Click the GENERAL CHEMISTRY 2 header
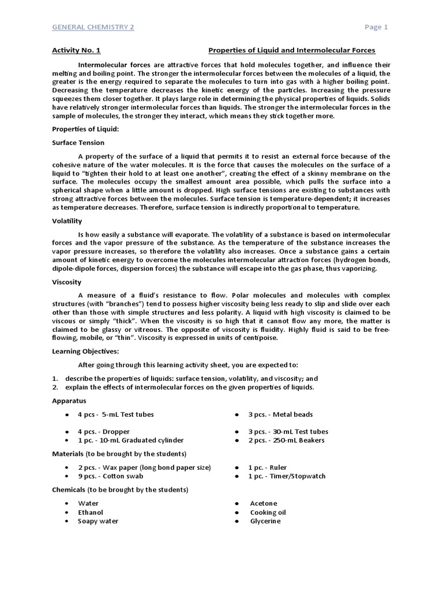[93, 27]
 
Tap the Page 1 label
[377, 27]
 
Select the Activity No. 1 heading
[76, 50]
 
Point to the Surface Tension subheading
[78, 143]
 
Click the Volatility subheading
[67, 220]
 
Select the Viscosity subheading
[67, 282]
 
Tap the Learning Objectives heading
[86, 351]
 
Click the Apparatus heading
[69, 400]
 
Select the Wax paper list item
[144, 467]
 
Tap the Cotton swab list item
[111, 476]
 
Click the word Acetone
[264, 503]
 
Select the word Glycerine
[265, 521]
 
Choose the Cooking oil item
[268, 513]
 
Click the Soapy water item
[98, 521]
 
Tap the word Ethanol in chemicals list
[91, 513]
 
